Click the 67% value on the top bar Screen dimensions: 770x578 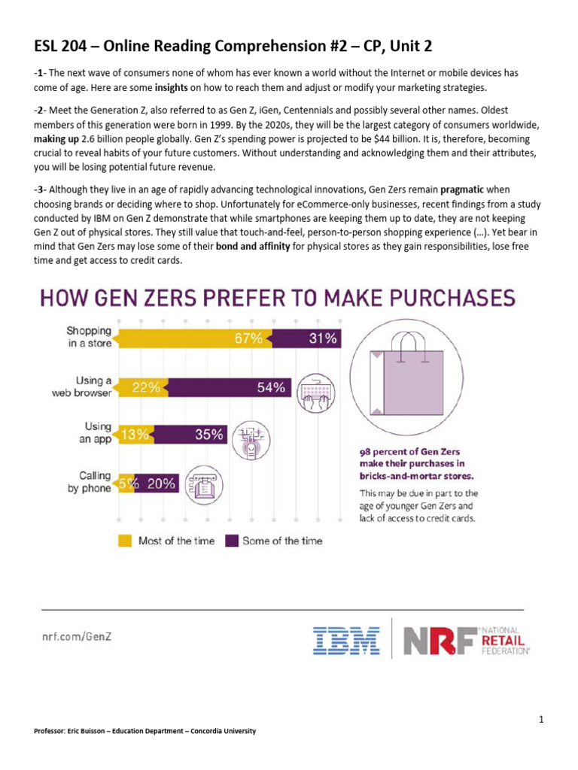pos(248,339)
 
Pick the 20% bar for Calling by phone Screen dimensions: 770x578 pos(160,484)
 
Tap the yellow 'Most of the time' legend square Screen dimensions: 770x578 pos(124,541)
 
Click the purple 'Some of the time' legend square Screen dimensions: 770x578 pos(231,541)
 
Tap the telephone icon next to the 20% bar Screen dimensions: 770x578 pos(202,484)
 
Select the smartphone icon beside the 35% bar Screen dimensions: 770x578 pos(250,441)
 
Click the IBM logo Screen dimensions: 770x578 pos(345,640)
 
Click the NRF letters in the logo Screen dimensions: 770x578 pos(430,640)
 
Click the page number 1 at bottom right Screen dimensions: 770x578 pos(541,720)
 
